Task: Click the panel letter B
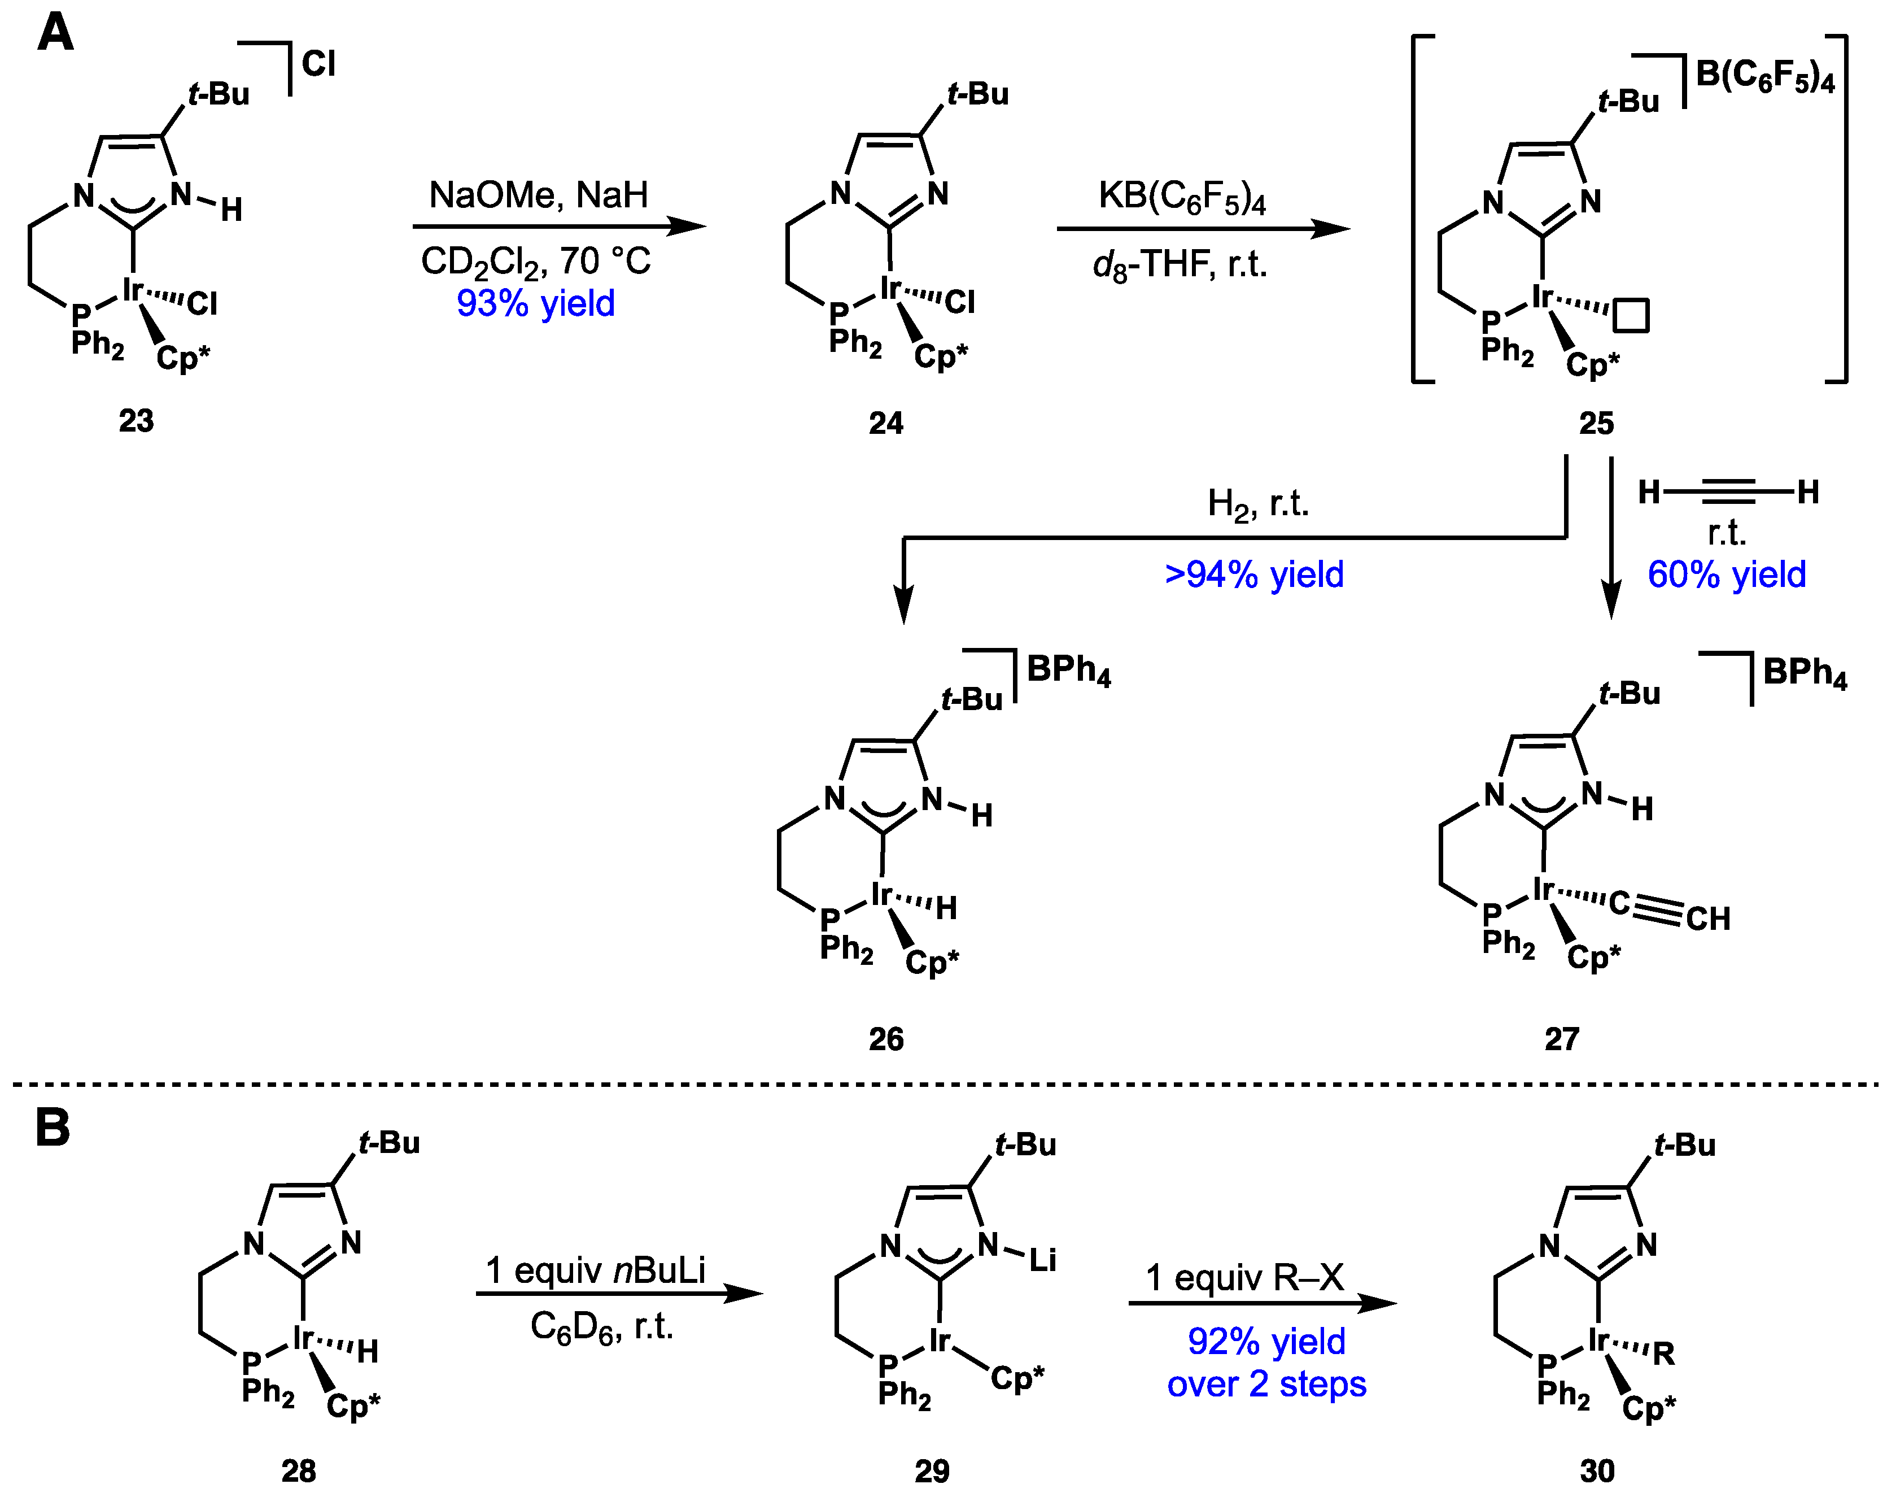click(x=53, y=1128)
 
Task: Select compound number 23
click(x=136, y=421)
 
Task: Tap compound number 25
click(x=1596, y=424)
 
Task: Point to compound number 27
click(x=1561, y=1039)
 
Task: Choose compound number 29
click(x=931, y=1471)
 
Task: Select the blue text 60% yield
click(x=1726, y=575)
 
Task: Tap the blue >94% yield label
click(x=1253, y=575)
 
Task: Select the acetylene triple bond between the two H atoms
click(x=1728, y=492)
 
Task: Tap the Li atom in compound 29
click(x=1042, y=1261)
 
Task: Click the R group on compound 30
click(x=1663, y=1354)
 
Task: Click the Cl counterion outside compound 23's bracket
click(x=318, y=64)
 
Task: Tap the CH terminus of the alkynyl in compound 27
click(x=1707, y=919)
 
